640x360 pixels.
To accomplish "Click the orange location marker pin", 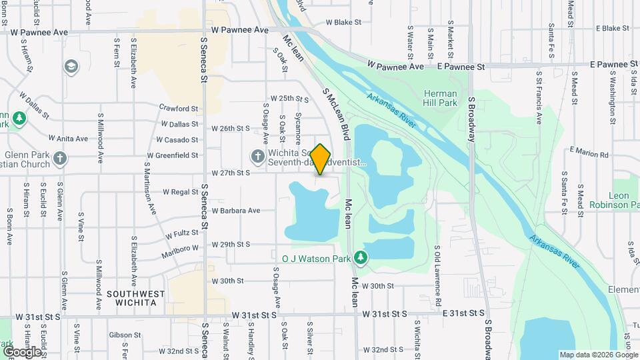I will point(321,159).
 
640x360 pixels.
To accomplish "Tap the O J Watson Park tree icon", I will point(361,257).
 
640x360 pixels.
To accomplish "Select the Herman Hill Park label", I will point(440,99).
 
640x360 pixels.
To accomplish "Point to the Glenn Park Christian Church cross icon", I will point(60,159).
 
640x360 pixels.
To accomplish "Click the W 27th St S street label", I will point(230,173).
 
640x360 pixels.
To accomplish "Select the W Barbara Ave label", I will point(236,211).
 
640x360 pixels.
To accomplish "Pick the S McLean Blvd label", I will point(336,111).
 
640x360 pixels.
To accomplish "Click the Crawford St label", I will point(179,108).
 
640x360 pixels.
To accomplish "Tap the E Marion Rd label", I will point(589,154).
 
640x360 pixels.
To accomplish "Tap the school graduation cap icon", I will point(71,67).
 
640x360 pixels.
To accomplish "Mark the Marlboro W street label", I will point(180,252).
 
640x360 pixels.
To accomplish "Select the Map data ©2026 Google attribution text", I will point(598,355).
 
